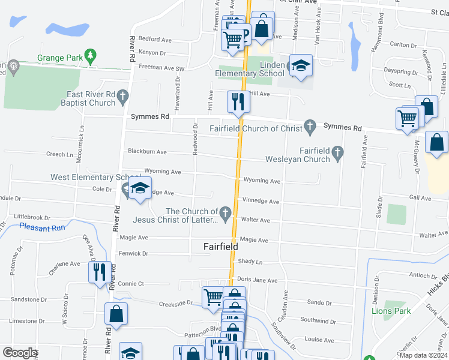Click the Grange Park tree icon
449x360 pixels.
tap(91, 56)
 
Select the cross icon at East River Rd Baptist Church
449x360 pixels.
tap(123, 95)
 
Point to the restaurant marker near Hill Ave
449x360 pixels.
tap(238, 101)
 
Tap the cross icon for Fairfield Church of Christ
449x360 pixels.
tap(310, 127)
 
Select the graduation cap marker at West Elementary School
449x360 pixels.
tap(140, 188)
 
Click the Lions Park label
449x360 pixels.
tap(391, 311)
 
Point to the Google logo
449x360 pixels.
tap(20, 353)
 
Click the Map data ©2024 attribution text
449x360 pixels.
tap(423, 355)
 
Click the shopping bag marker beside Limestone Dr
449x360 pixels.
tap(116, 314)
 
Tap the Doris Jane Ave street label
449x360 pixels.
tap(257, 280)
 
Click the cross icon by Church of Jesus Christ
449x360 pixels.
tap(226, 212)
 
